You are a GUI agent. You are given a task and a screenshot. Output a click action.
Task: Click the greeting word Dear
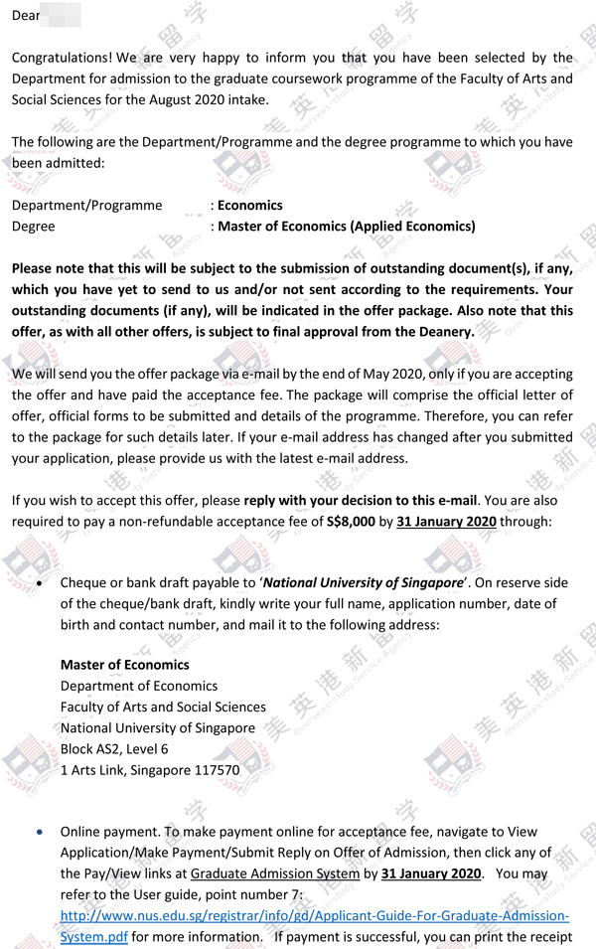coord(26,16)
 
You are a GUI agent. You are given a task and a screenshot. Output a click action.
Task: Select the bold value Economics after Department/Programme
coord(250,206)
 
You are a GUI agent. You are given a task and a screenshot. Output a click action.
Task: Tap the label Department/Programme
coord(86,206)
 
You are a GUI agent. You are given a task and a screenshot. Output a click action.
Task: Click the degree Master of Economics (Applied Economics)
coord(347,227)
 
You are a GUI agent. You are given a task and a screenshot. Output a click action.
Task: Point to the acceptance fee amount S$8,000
coord(350,521)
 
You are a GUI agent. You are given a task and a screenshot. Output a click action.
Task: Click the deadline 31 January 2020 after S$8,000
coord(445,521)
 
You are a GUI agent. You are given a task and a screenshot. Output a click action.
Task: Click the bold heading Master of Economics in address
coord(124,665)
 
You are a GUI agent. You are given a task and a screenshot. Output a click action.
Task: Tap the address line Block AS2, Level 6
coord(114,749)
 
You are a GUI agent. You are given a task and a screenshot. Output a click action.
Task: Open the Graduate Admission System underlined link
coord(274,874)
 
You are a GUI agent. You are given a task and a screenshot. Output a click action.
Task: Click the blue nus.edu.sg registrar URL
coord(315,916)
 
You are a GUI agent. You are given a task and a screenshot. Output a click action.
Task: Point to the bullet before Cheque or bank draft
coord(39,583)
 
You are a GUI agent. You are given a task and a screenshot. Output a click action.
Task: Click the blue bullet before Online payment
coord(39,832)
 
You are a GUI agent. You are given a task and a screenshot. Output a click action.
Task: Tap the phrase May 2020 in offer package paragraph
coord(352,375)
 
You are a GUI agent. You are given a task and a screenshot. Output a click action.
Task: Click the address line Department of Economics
coord(139,687)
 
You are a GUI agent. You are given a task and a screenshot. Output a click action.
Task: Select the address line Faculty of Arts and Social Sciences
coord(163,708)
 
